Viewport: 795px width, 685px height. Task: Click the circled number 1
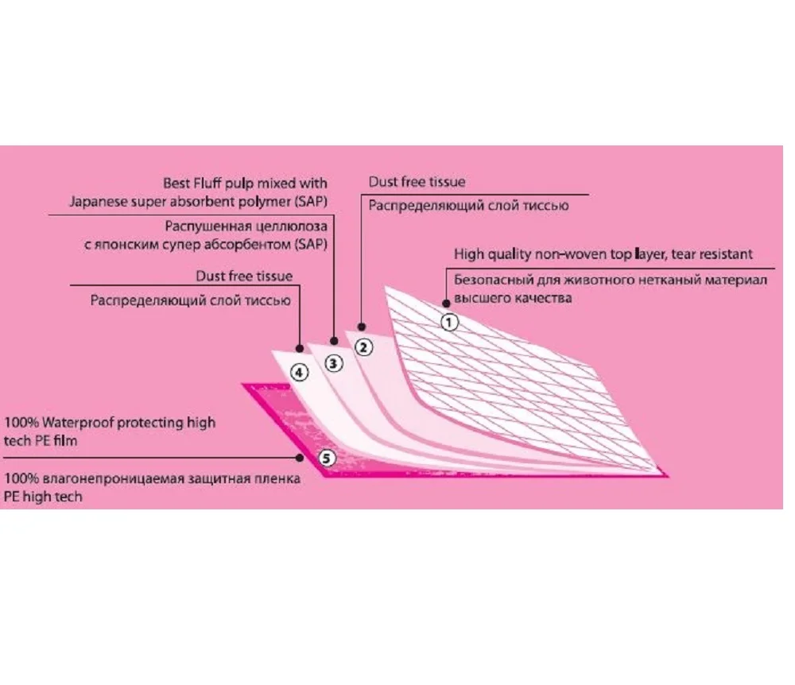click(449, 322)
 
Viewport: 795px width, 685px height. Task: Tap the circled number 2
click(363, 346)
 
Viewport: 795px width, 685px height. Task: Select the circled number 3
click(333, 363)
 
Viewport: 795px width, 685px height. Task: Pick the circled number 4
click(299, 371)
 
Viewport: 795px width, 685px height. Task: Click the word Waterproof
click(79, 422)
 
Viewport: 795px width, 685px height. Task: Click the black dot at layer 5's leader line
click(300, 458)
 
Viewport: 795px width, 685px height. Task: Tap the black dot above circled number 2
click(362, 326)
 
